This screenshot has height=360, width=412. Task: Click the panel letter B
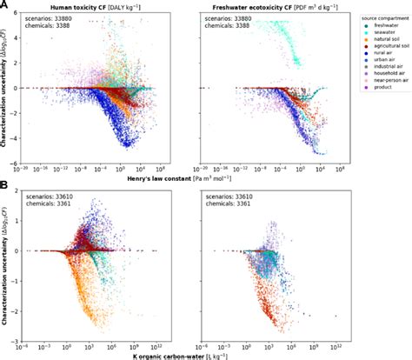point(5,186)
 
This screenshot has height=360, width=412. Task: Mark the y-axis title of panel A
point(9,87)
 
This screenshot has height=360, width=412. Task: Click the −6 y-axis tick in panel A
point(17,161)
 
